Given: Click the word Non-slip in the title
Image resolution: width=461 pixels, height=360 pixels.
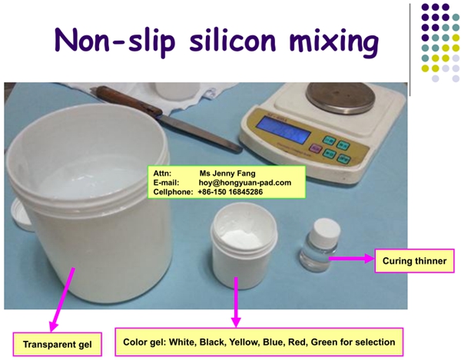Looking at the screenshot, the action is tap(114, 41).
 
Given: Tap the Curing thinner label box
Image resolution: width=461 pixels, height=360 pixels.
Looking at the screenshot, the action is tap(414, 261).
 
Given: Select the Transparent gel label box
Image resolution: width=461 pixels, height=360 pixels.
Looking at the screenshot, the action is tap(58, 344).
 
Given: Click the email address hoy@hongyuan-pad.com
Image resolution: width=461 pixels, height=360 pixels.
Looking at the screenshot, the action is tap(245, 183).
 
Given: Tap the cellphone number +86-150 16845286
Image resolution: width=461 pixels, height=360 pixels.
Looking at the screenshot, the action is tap(230, 192).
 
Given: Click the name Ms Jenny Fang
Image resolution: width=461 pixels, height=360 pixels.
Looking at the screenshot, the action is tap(227, 173).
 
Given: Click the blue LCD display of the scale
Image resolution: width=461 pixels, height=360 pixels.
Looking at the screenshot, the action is tap(284, 130).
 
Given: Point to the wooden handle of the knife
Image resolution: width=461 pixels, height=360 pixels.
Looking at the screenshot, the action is tap(130, 101).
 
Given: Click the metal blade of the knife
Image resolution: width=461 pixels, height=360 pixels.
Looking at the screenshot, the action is tap(201, 133).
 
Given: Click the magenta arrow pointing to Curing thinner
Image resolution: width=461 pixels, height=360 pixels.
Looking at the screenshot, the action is tap(351, 259).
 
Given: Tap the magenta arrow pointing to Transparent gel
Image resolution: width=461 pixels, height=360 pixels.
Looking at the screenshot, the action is tap(61, 299).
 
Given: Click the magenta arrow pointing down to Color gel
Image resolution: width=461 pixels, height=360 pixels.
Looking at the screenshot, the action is tap(236, 302).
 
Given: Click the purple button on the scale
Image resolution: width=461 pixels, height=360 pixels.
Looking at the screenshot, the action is tap(316, 148).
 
